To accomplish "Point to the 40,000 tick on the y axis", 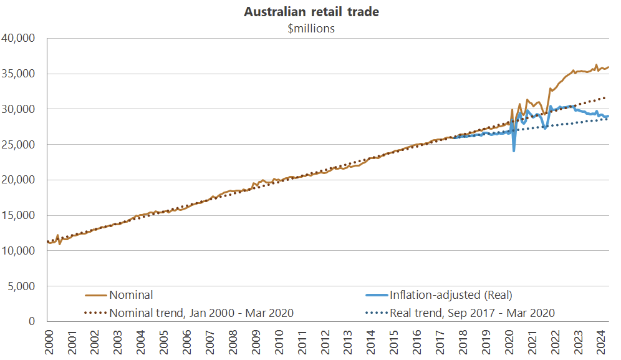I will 21,39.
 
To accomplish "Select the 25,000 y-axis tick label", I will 21,145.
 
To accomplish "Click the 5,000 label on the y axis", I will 24,286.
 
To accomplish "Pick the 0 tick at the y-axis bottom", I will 34,322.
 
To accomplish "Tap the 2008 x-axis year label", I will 234,343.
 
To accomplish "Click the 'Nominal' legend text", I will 131,295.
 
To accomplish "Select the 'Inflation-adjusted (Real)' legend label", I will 451,295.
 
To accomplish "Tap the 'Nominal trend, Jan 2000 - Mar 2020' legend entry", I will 201,313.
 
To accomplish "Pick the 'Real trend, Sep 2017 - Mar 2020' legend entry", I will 472,313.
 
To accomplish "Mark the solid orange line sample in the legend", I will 96,295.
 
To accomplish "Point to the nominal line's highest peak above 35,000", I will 596,65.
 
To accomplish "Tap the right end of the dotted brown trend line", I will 606,97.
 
